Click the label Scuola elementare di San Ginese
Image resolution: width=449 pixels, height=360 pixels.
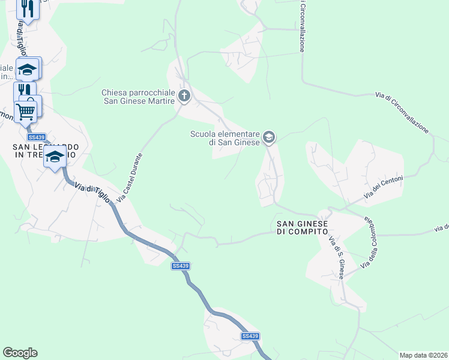[225, 138]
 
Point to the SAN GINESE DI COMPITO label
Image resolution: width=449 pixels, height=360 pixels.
[302, 227]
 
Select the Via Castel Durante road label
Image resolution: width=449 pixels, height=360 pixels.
[130, 177]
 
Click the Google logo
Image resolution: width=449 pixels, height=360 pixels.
[20, 353]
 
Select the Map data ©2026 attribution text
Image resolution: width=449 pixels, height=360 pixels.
[423, 355]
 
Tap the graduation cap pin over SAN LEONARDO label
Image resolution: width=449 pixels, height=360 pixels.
[55, 158]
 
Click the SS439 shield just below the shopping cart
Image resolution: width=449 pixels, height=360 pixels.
[37, 137]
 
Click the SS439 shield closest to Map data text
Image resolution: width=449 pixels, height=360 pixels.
[250, 337]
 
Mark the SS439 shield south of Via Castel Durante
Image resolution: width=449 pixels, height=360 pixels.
[180, 266]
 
